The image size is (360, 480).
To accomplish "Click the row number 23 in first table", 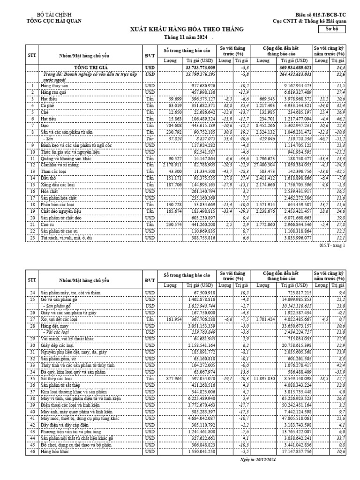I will point(32,238).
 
